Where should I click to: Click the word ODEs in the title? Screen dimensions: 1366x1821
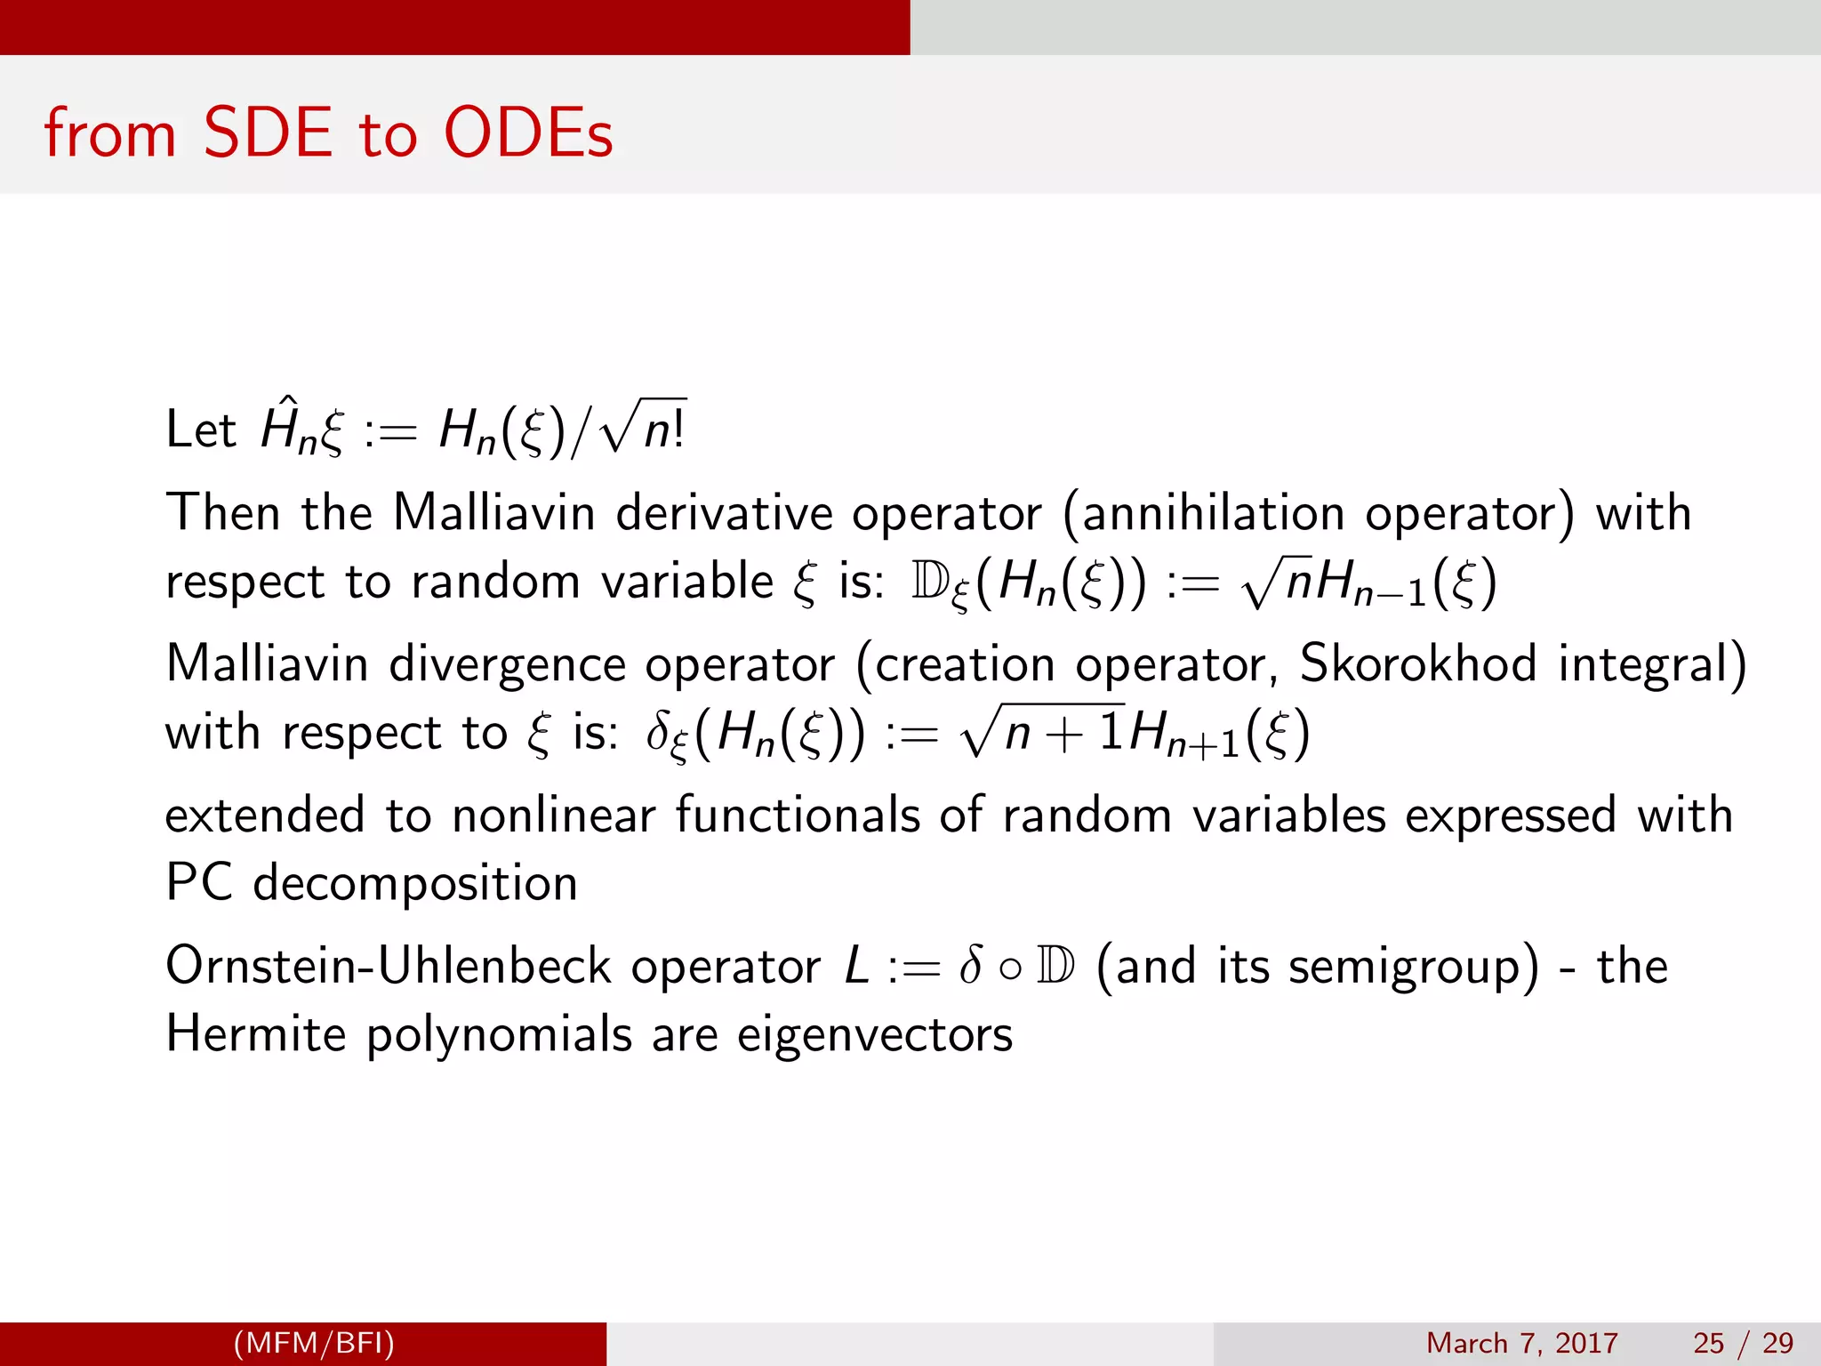tap(528, 133)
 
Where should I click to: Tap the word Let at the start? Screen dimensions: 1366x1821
tap(200, 430)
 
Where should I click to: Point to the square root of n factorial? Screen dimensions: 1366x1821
tap(642, 429)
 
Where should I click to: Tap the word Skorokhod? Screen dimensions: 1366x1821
tap(1417, 663)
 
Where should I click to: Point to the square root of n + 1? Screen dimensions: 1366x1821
tap(1042, 731)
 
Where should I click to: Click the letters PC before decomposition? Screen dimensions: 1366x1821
tap(199, 883)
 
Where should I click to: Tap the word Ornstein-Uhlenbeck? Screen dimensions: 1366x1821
tap(388, 967)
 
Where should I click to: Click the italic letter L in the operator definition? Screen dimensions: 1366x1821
tap(856, 967)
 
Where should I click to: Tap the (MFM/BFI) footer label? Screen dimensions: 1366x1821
tap(313, 1343)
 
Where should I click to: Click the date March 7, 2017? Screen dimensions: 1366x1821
tap(1521, 1343)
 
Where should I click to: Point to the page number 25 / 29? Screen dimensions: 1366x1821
tap(1743, 1343)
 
